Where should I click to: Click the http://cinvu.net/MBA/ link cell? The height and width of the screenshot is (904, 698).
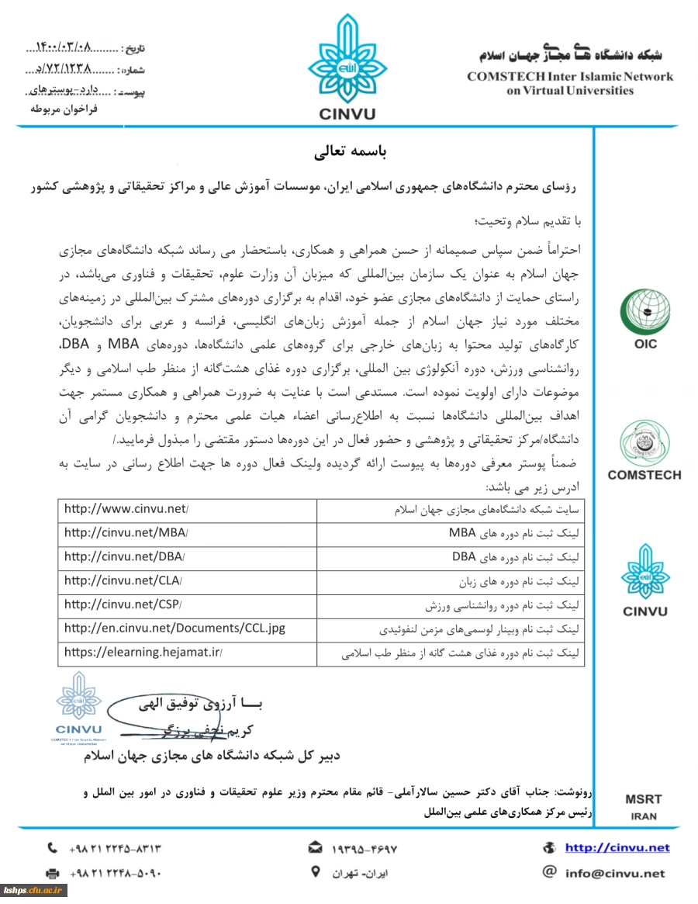126,534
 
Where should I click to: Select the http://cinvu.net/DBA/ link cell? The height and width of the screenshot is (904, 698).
125,558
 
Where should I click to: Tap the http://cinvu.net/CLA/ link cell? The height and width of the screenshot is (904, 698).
123,582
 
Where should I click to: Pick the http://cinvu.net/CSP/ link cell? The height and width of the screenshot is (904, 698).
123,605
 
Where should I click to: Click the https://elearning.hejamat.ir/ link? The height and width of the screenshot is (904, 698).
143,653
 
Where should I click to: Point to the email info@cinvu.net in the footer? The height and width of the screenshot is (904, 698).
615,873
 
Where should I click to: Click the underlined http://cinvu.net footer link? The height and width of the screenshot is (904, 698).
617,848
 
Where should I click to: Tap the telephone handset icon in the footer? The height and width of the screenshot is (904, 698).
53,848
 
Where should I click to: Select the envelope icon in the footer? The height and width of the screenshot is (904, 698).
316,848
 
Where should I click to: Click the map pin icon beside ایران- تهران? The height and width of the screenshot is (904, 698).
316,872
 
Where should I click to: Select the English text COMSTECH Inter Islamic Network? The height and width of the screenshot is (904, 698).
570,77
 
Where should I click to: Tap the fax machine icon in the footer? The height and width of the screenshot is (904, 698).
53,873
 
